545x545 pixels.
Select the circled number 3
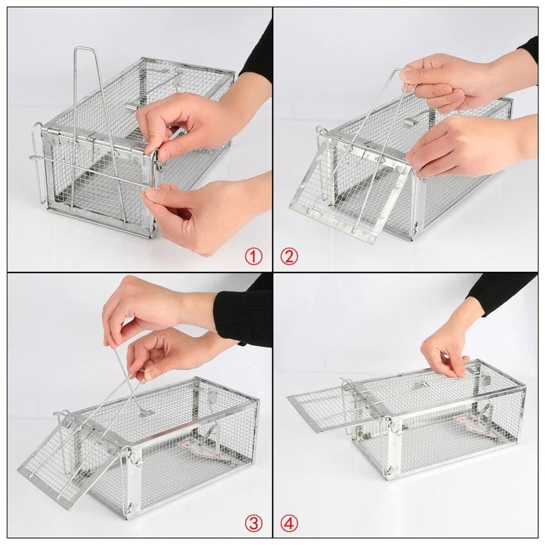click(253, 524)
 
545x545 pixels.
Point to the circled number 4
click(289, 524)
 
